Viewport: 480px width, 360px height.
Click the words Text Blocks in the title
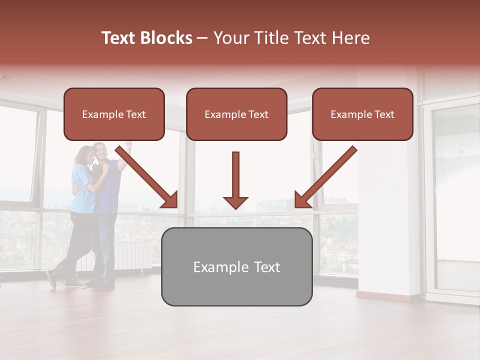[x=146, y=38]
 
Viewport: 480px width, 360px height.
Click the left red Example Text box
[x=114, y=114]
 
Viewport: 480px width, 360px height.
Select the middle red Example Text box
[x=236, y=114]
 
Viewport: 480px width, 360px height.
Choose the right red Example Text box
[x=362, y=114]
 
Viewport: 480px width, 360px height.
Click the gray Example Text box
[x=236, y=267]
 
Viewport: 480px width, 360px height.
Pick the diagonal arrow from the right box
[x=325, y=177]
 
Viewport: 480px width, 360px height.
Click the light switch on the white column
[x=371, y=186]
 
